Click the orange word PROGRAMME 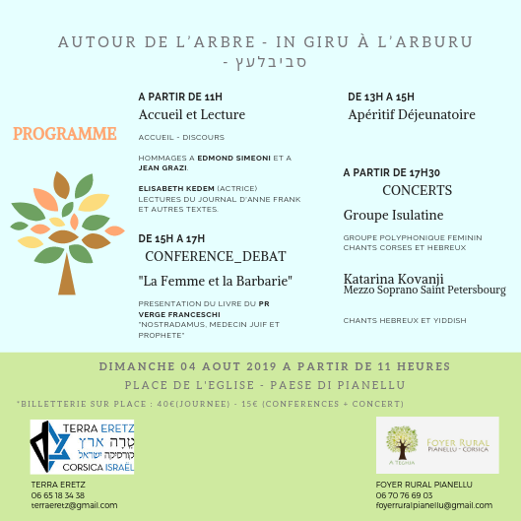(65, 134)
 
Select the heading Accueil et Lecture (191, 115)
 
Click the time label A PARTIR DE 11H (180, 97)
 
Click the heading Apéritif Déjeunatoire (412, 115)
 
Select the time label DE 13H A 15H (381, 97)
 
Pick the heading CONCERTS (417, 190)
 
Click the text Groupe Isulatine (393, 215)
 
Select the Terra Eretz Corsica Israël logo (82, 447)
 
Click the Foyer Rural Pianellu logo (436, 445)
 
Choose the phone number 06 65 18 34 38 (59, 494)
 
